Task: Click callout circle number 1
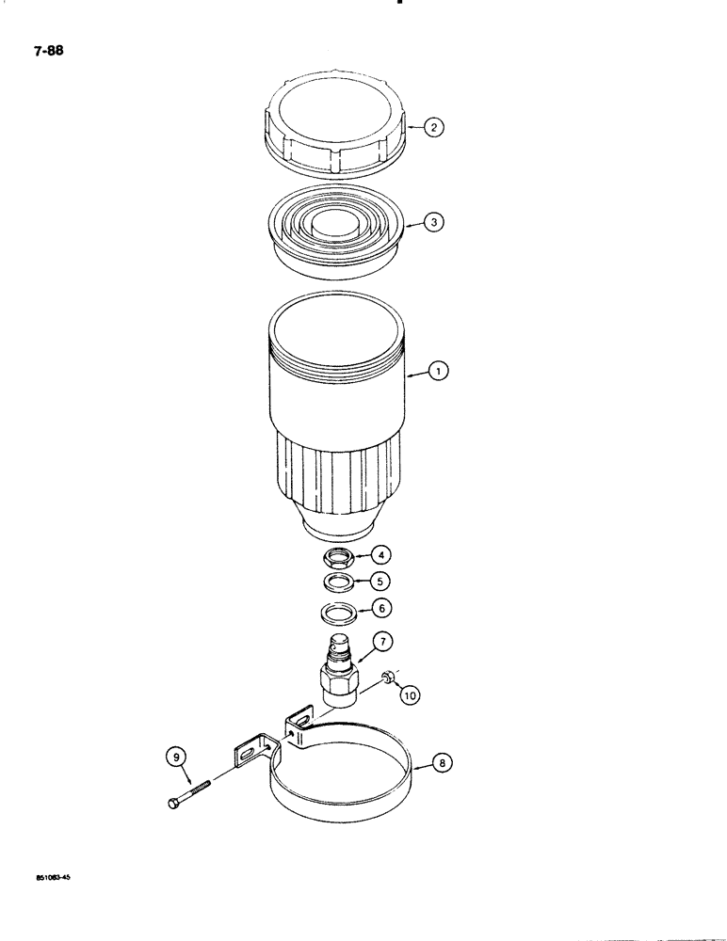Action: (439, 373)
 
